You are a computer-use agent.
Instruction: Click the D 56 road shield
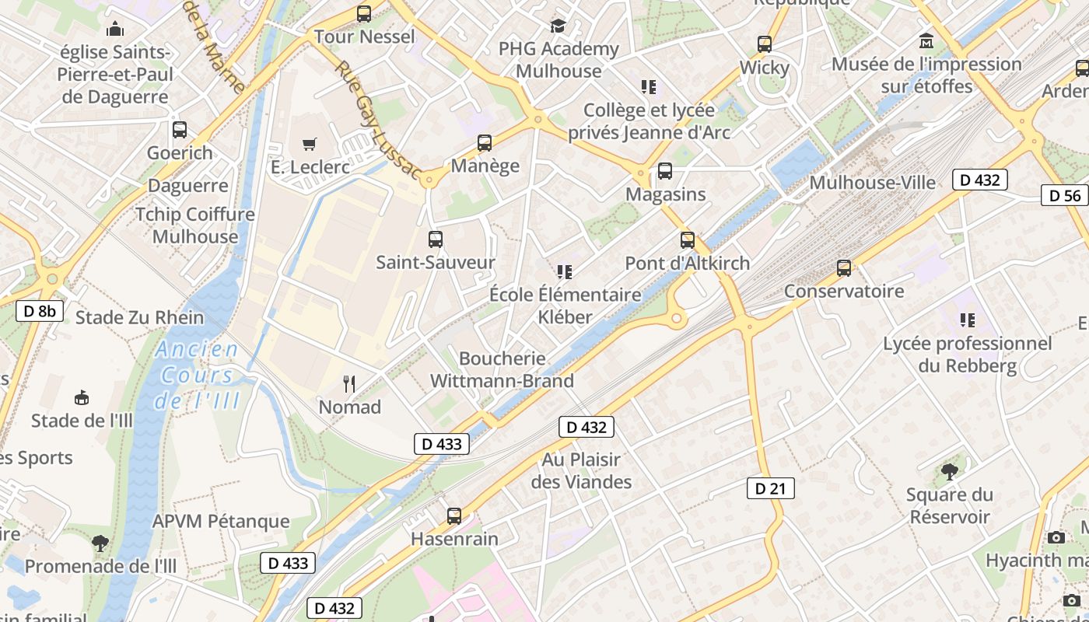1065,195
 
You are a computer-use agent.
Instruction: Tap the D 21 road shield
770,488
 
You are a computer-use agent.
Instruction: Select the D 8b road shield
40,311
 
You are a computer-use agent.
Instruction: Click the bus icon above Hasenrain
454,515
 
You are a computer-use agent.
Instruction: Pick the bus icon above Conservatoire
844,268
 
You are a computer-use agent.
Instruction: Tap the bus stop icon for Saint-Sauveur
436,239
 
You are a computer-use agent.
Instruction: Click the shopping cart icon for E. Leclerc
310,144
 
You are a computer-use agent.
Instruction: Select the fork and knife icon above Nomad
349,383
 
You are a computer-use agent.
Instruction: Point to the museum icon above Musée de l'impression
926,40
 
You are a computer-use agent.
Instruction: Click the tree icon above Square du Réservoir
949,471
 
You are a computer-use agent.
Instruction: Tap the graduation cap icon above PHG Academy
558,26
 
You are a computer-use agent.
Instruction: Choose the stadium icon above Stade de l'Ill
81,398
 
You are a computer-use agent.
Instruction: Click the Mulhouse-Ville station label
873,182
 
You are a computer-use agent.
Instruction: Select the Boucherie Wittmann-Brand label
502,370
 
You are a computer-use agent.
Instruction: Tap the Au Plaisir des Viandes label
581,470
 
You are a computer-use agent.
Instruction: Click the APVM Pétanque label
221,521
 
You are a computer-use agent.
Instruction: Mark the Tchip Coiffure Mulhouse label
195,225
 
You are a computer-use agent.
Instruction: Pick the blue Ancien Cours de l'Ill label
198,376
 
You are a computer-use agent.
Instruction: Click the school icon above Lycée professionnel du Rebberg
967,320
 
